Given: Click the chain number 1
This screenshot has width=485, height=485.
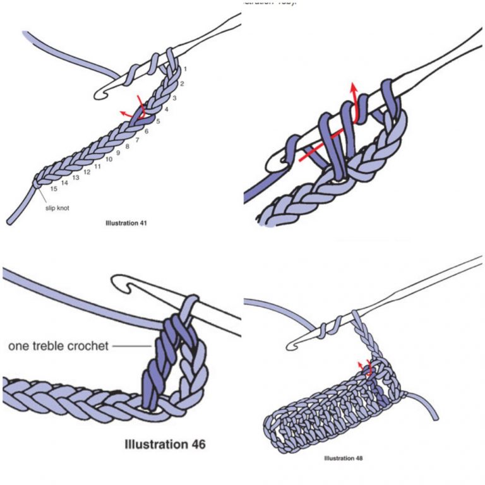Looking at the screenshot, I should tap(186, 69).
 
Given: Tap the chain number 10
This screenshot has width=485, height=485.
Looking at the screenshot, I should tap(109, 160).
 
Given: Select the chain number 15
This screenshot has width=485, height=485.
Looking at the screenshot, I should tap(54, 189).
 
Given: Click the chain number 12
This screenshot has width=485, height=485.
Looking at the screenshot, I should tap(87, 172).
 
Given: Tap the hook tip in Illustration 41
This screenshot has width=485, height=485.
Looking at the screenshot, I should tap(100, 95).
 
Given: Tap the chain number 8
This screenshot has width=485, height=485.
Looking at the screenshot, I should tap(128, 147).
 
